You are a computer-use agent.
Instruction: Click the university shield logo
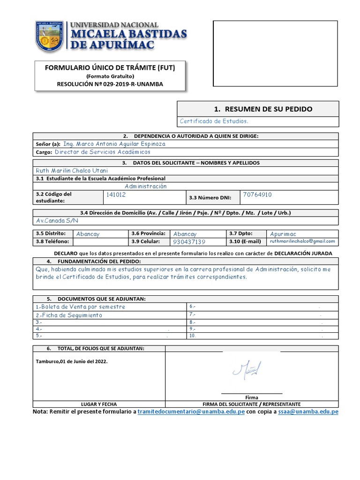tap(50, 37)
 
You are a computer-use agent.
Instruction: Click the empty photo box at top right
tap(275, 53)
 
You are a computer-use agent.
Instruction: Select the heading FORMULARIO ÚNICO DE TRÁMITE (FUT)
tap(110, 68)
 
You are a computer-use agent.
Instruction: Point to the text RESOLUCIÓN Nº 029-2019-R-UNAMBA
tap(110, 84)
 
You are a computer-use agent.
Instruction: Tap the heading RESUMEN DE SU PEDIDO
tap(262, 109)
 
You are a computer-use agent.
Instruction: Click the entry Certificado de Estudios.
tap(214, 121)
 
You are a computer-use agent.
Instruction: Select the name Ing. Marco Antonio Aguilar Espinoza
tap(114, 144)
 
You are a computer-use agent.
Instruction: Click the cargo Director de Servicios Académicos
tap(103, 152)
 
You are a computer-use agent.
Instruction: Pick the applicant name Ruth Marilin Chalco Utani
tap(72, 171)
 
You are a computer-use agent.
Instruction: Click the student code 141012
tap(116, 194)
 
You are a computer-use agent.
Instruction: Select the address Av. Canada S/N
tap(57, 220)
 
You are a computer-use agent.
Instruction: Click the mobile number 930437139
tap(189, 242)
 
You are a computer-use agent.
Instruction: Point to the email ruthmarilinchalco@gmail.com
tap(302, 241)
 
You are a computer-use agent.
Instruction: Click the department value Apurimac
tap(283, 233)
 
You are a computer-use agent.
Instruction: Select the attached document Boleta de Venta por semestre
tap(81, 307)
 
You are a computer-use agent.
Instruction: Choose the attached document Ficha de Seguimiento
tap(69, 315)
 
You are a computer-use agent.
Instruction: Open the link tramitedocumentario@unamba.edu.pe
tap(191, 412)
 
